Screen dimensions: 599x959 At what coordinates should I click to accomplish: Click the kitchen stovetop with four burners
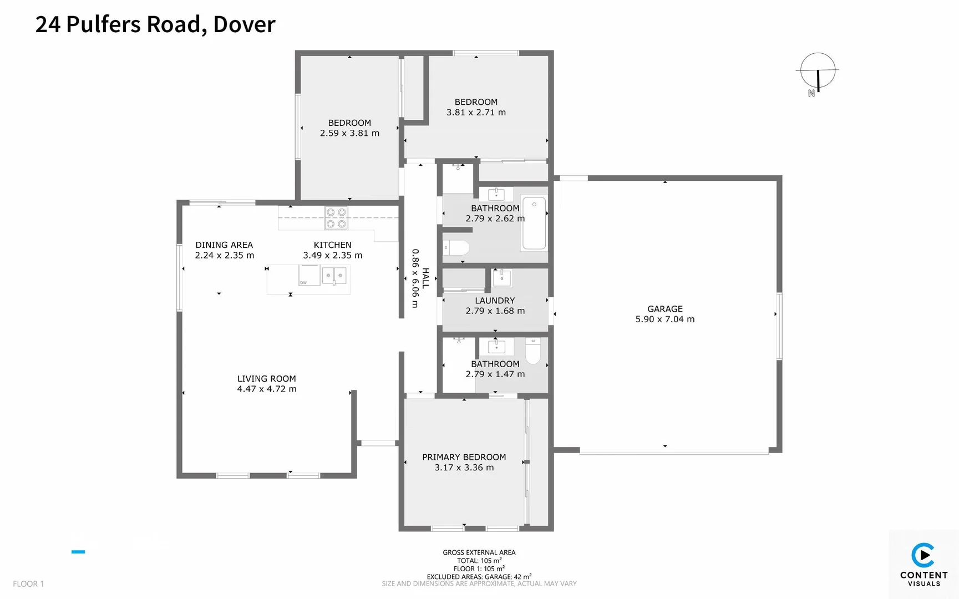pos(336,217)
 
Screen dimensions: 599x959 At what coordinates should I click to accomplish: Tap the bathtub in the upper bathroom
pos(534,223)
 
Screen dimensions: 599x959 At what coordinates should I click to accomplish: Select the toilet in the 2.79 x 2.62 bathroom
pos(457,247)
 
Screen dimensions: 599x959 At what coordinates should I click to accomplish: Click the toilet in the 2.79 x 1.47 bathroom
pos(532,351)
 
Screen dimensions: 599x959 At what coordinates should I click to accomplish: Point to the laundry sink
pos(502,278)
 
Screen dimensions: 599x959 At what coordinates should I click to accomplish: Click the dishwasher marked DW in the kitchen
pos(309,276)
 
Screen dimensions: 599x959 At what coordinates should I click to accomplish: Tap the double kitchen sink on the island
pos(334,276)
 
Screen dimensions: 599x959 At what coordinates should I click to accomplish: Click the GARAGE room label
pos(664,309)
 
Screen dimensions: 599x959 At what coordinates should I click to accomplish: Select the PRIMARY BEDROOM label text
pos(464,457)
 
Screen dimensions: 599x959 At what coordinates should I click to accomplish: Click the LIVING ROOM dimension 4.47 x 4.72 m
pos(267,389)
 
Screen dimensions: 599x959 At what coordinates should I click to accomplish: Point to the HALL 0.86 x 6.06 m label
pos(420,278)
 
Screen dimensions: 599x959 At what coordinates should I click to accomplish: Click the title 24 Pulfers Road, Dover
pos(155,24)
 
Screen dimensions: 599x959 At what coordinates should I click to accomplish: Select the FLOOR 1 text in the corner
pos(28,583)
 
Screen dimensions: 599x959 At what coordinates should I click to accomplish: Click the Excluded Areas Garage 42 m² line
pos(479,576)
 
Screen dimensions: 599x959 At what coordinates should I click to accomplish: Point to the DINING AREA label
pos(224,245)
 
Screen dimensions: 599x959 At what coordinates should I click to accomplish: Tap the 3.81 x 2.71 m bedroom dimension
pos(476,112)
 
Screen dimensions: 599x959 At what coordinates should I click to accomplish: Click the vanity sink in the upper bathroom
pos(496,194)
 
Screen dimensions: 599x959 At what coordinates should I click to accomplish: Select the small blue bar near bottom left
pos(78,552)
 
